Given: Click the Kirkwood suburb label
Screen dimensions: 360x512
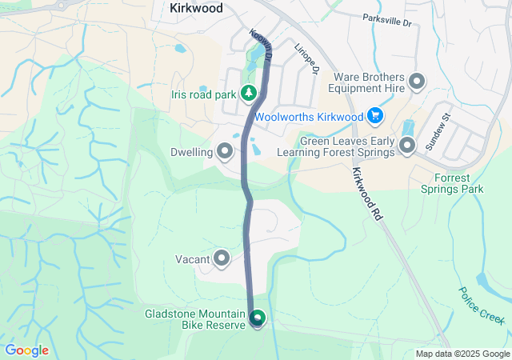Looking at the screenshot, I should (196, 7).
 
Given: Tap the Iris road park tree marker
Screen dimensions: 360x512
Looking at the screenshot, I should (250, 94).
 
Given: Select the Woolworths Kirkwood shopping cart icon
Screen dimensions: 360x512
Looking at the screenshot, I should (374, 117).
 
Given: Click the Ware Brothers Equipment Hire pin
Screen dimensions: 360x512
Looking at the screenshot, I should (417, 81).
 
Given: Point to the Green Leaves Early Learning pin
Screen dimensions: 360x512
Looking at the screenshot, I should (407, 146).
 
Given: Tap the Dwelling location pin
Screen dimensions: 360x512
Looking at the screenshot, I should (225, 151).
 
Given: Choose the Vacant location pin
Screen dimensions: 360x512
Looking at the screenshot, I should (222, 258).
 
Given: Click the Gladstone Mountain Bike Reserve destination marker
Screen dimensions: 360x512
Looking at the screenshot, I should (258, 318).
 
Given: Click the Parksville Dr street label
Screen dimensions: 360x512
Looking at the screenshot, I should (386, 20).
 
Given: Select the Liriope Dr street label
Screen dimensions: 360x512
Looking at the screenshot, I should (307, 58).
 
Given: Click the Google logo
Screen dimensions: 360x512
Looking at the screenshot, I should (26, 350).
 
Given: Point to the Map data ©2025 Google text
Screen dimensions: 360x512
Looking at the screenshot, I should (462, 354).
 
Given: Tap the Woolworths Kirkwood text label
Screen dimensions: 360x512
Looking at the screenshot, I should (309, 117).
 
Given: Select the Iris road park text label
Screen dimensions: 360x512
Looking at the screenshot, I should (203, 94).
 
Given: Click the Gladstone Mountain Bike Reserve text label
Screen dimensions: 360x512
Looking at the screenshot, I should (195, 318).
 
